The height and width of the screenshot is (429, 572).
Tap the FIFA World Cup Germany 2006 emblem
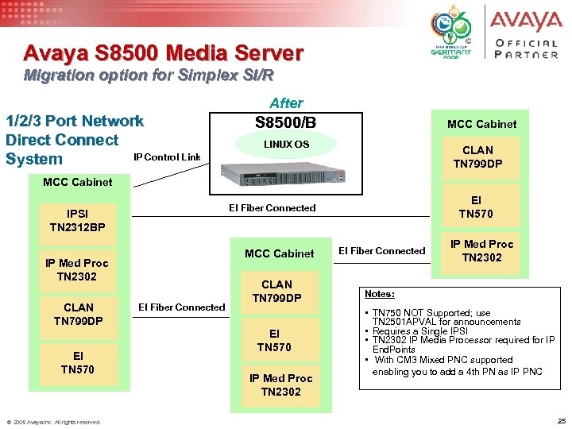click(450, 36)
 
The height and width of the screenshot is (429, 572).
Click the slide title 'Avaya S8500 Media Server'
click(163, 53)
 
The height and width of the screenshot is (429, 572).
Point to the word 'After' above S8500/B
click(286, 102)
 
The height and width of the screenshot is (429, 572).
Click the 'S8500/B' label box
click(286, 123)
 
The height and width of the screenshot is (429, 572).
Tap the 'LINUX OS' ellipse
click(286, 145)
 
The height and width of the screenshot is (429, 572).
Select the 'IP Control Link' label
click(167, 156)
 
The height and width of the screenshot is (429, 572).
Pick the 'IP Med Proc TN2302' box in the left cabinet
click(76, 269)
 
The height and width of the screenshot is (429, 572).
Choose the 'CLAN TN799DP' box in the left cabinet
click(79, 314)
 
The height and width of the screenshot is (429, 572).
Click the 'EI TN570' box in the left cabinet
click(79, 362)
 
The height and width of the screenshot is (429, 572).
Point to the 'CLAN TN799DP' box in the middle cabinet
click(276, 291)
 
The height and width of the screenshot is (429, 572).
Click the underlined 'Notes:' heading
click(379, 294)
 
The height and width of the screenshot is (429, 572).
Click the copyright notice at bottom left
click(53, 422)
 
